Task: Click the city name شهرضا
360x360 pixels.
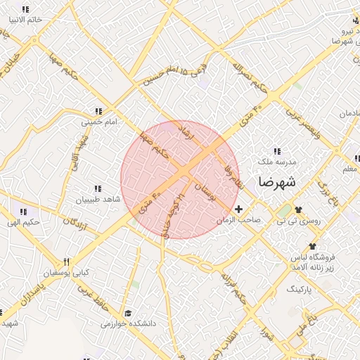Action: (277, 182)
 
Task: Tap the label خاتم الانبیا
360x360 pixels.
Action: (25, 20)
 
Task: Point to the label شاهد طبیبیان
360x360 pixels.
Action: (98, 200)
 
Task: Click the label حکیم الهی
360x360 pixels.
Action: (22, 222)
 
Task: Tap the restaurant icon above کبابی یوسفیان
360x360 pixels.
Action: (67, 262)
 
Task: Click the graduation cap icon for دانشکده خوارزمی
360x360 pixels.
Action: (127, 313)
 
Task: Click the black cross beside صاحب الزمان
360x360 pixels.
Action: (239, 209)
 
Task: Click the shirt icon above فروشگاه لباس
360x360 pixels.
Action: (312, 246)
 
